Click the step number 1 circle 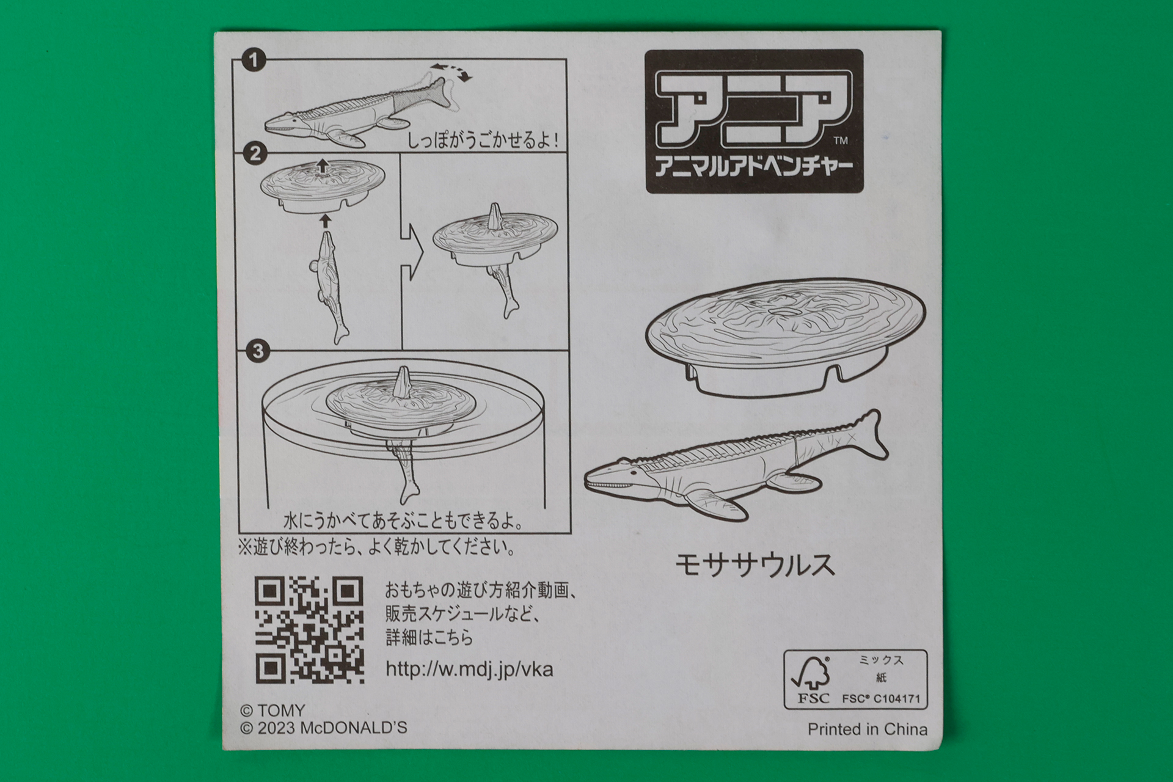click(254, 61)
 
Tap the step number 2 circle click(255, 153)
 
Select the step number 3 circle click(257, 351)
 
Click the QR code click(310, 630)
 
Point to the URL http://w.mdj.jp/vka click(469, 669)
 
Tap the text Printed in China click(867, 729)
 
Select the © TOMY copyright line click(272, 711)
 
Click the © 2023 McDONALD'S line click(323, 728)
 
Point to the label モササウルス click(755, 565)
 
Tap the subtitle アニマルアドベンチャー click(753, 167)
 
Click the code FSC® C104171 click(880, 698)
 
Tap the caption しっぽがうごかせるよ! click(483, 141)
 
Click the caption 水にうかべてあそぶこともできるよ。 click(403, 522)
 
